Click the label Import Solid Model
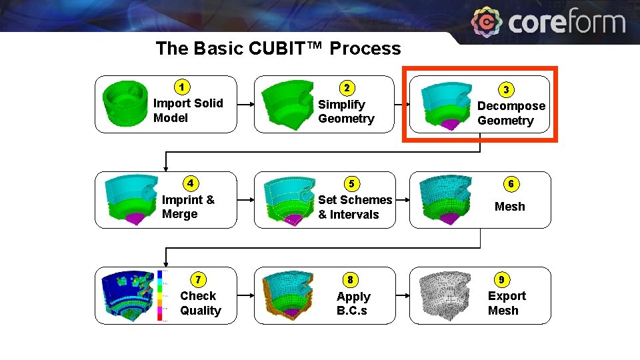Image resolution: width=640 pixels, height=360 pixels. [x=187, y=111]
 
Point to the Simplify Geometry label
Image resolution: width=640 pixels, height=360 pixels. [x=346, y=111]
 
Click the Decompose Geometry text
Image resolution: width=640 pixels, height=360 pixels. [x=511, y=113]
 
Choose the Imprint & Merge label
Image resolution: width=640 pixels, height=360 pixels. [x=188, y=207]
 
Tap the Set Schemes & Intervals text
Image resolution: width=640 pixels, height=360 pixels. [x=355, y=207]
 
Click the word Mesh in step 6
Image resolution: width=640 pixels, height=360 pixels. [x=509, y=207]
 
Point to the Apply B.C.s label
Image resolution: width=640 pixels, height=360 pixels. [x=353, y=304]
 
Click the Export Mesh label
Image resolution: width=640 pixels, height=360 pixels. [x=507, y=303]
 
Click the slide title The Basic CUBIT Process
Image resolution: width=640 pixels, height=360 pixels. [x=278, y=49]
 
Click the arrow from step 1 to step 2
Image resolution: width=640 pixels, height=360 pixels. [x=245, y=105]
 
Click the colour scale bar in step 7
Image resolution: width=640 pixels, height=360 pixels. [x=160, y=295]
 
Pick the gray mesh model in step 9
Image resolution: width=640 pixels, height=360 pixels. [x=443, y=295]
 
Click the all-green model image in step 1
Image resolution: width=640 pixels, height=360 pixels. [x=125, y=104]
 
